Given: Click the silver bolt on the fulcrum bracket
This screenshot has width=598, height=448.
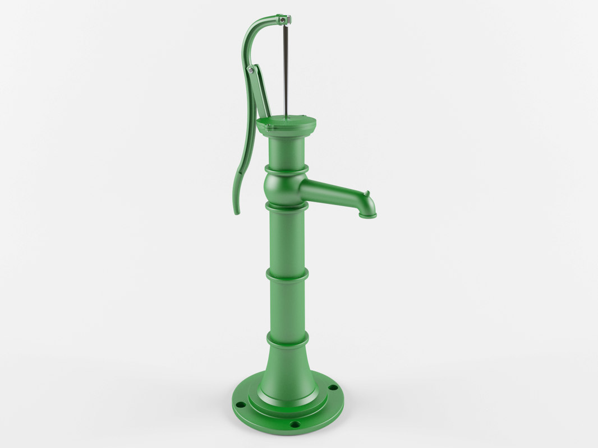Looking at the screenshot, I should point(251,70).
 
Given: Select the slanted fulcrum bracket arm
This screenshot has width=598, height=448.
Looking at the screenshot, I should point(261,92).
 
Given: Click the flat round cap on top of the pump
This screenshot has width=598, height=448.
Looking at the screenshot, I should point(286,123).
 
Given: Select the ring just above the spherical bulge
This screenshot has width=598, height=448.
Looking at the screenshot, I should point(287,169).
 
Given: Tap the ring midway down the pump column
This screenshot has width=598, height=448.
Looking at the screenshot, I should point(287,275).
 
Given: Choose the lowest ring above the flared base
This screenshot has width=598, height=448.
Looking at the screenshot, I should point(287,339).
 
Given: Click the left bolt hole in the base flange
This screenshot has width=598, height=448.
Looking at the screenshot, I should point(240,404).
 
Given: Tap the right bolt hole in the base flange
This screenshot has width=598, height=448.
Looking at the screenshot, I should point(333,387).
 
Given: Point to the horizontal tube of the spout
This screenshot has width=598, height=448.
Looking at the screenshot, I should point(331,192).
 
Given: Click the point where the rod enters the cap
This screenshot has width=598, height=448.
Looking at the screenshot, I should point(286,117).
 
